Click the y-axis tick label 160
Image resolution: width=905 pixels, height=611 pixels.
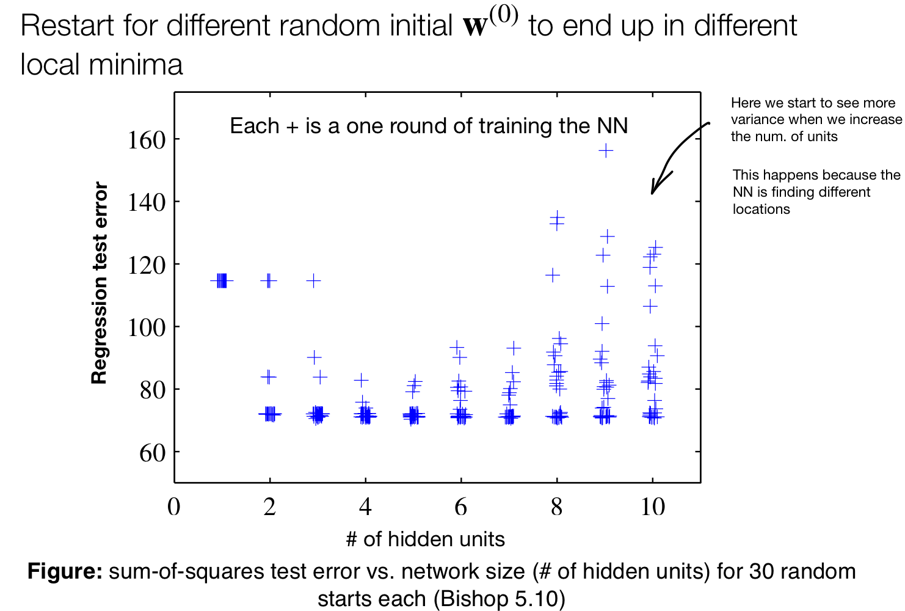tap(147, 141)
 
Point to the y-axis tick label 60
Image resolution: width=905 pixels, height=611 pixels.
tap(152, 453)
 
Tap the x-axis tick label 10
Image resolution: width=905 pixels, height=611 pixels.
tap(652, 507)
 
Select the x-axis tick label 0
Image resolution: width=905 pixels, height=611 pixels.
tap(174, 507)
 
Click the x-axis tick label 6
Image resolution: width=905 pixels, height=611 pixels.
tap(460, 507)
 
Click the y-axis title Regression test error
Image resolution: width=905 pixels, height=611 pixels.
tap(99, 283)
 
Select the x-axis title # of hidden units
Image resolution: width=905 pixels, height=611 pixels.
tap(425, 540)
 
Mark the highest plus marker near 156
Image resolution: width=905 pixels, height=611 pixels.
tap(605, 150)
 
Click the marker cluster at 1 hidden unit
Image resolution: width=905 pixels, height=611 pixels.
tap(221, 280)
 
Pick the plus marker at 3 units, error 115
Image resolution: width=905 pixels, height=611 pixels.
tap(313, 280)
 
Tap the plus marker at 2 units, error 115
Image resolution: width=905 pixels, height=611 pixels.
tap(269, 280)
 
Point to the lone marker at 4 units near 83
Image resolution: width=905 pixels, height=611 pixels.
tap(362, 381)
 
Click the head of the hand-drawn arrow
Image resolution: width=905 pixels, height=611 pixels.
tap(653, 192)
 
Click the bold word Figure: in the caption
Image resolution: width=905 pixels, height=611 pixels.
tap(65, 571)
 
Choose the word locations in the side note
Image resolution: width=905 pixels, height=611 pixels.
tap(761, 209)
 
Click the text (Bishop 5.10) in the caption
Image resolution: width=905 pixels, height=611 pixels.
tap(499, 598)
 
